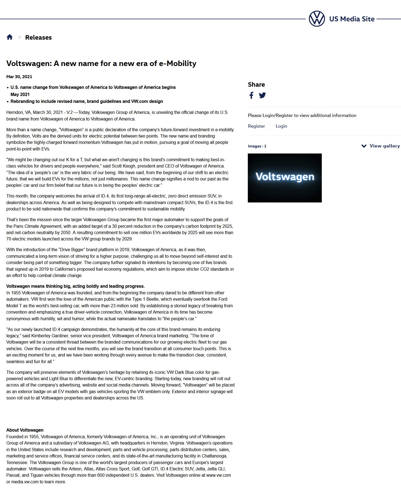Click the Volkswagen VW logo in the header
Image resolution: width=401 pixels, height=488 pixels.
click(x=317, y=19)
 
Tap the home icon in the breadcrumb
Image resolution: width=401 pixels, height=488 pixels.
click(x=10, y=37)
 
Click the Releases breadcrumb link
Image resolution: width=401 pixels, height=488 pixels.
click(x=38, y=37)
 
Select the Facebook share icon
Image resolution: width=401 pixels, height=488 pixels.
click(x=251, y=95)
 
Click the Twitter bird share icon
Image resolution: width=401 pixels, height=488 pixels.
click(x=262, y=95)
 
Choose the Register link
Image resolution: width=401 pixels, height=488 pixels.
click(x=256, y=126)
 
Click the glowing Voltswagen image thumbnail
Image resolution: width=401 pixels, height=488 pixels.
click(x=285, y=178)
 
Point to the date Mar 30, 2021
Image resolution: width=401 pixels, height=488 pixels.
click(x=19, y=77)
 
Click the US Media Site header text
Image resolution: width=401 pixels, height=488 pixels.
click(x=352, y=19)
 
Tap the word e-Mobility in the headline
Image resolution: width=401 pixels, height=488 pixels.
click(x=178, y=64)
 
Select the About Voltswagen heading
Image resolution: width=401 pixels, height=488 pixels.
click(x=25, y=430)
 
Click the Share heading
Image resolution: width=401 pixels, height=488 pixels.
click(x=256, y=84)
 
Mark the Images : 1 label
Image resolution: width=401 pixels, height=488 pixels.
click(x=257, y=146)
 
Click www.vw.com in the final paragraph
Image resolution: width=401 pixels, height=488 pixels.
click(x=218, y=475)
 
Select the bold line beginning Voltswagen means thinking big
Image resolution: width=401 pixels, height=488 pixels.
click(x=75, y=286)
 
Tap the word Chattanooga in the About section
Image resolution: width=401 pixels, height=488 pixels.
click(x=214, y=456)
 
